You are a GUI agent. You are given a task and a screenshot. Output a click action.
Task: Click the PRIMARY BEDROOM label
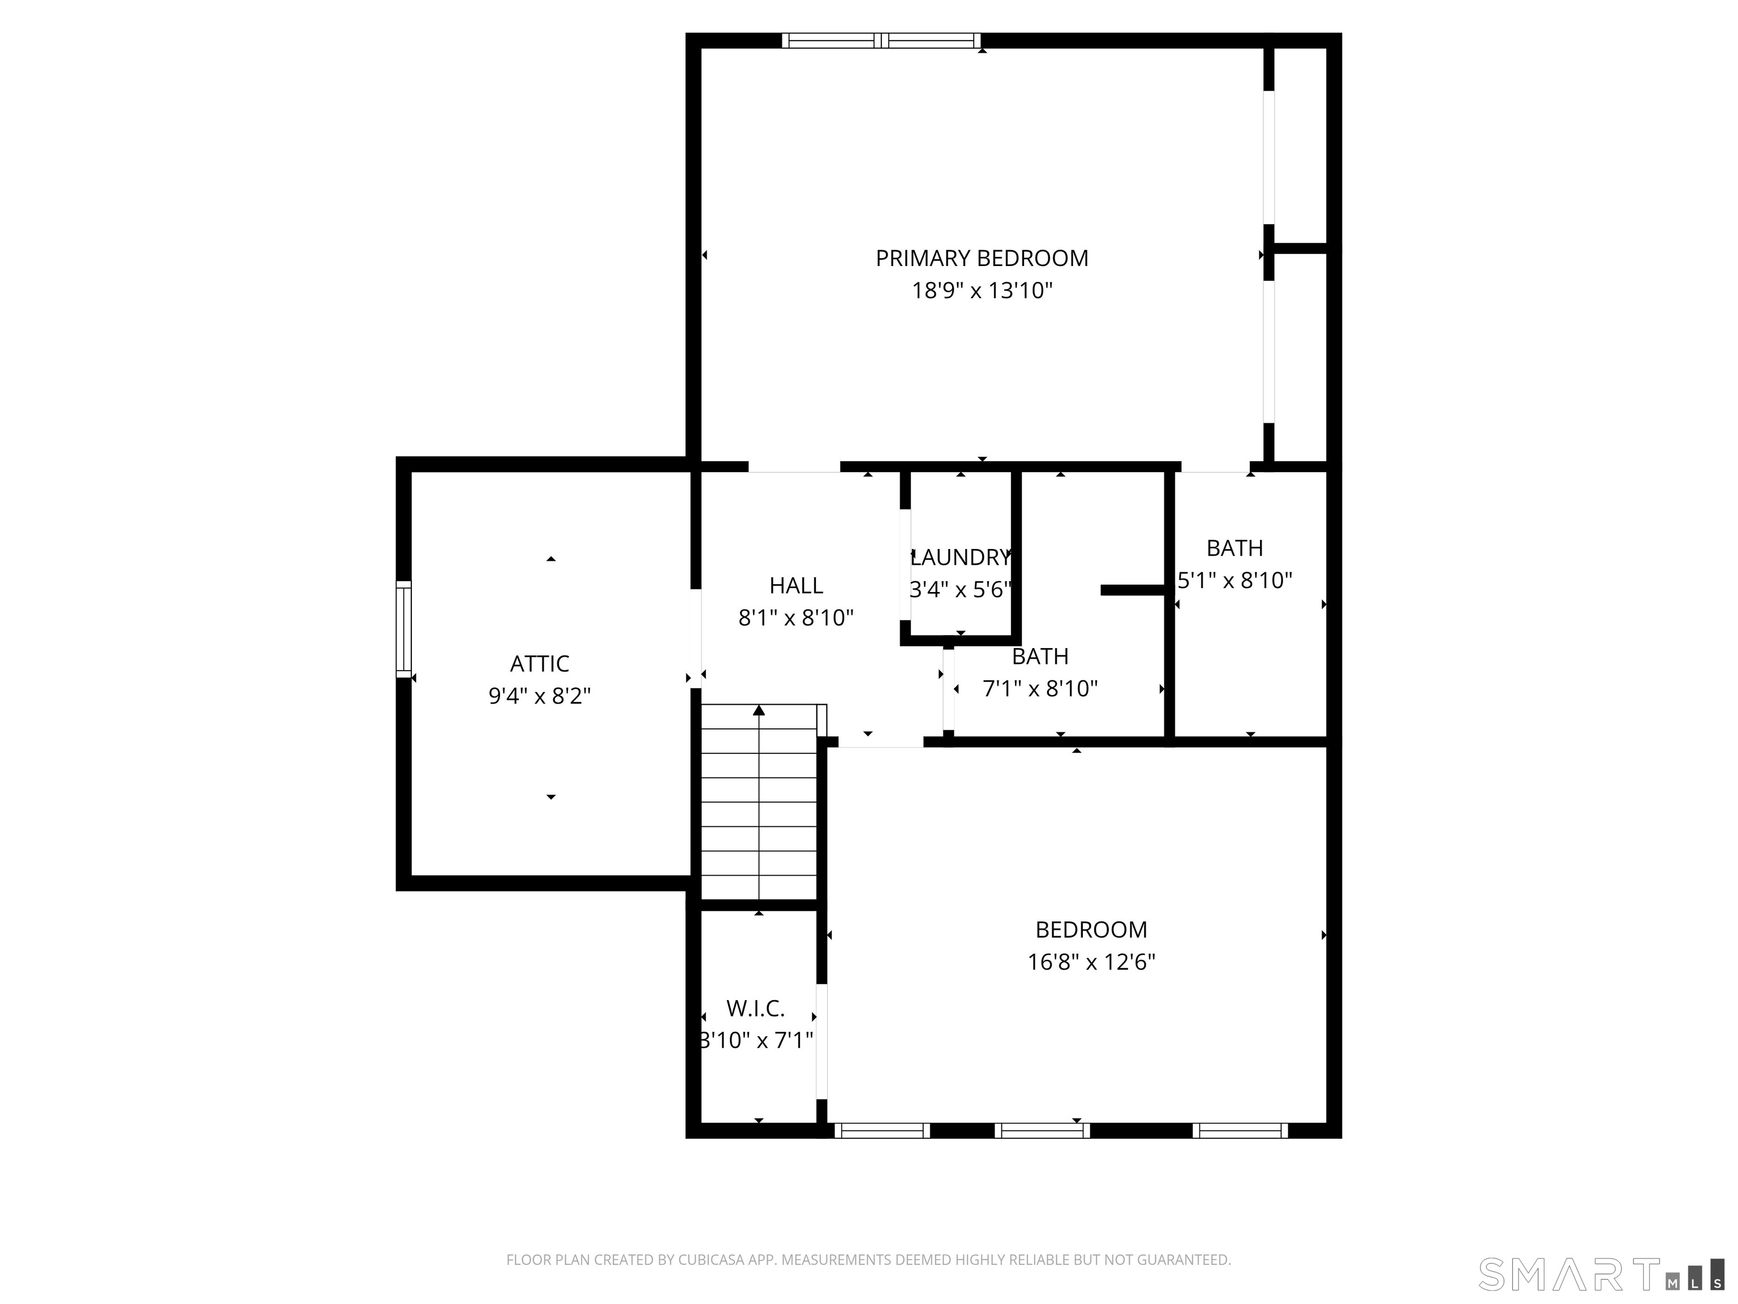click(x=982, y=258)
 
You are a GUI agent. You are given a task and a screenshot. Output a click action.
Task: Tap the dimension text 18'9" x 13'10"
click(x=982, y=291)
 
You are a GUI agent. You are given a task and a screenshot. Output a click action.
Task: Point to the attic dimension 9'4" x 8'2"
click(x=539, y=696)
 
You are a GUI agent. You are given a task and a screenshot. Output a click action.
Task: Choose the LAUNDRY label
click(x=960, y=557)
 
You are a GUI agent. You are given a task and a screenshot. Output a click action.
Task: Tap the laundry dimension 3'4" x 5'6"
click(x=960, y=590)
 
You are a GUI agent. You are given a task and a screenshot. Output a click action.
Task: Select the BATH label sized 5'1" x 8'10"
click(x=1234, y=548)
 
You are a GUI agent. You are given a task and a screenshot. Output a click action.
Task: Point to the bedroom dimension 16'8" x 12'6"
click(x=1091, y=962)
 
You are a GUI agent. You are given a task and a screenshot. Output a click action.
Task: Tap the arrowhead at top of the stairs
click(x=758, y=710)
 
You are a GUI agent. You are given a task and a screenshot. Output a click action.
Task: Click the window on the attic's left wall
click(x=403, y=629)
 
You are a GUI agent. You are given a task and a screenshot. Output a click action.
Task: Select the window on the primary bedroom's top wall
click(x=881, y=41)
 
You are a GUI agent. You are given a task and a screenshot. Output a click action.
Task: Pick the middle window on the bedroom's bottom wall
click(x=1042, y=1130)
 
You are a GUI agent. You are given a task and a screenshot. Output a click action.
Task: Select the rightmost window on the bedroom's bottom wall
click(x=1240, y=1130)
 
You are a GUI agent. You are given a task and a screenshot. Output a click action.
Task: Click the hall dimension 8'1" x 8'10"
click(x=796, y=618)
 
